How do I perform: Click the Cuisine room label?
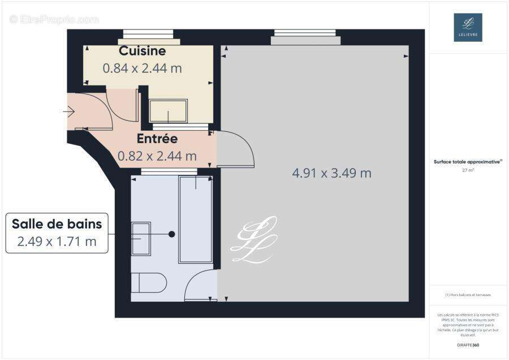pos(142,51)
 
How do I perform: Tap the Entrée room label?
pos(157,139)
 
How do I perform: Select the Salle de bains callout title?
pos(57,224)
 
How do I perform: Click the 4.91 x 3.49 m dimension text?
pos(331,173)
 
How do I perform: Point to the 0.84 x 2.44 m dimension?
pos(142,68)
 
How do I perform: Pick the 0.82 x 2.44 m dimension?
pos(157,156)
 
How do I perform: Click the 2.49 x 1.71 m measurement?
pos(57,242)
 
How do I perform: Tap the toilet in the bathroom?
pos(149,282)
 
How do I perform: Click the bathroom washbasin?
pos(141,238)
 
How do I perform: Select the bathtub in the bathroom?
pos(196,219)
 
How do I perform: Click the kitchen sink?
pos(168,111)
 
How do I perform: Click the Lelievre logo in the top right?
pos(468,27)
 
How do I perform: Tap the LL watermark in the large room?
pos(254,240)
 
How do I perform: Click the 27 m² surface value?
pos(468,169)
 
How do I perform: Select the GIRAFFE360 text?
pos(468,345)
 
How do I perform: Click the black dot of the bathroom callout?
pos(171,234)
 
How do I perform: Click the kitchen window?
pos(149,37)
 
